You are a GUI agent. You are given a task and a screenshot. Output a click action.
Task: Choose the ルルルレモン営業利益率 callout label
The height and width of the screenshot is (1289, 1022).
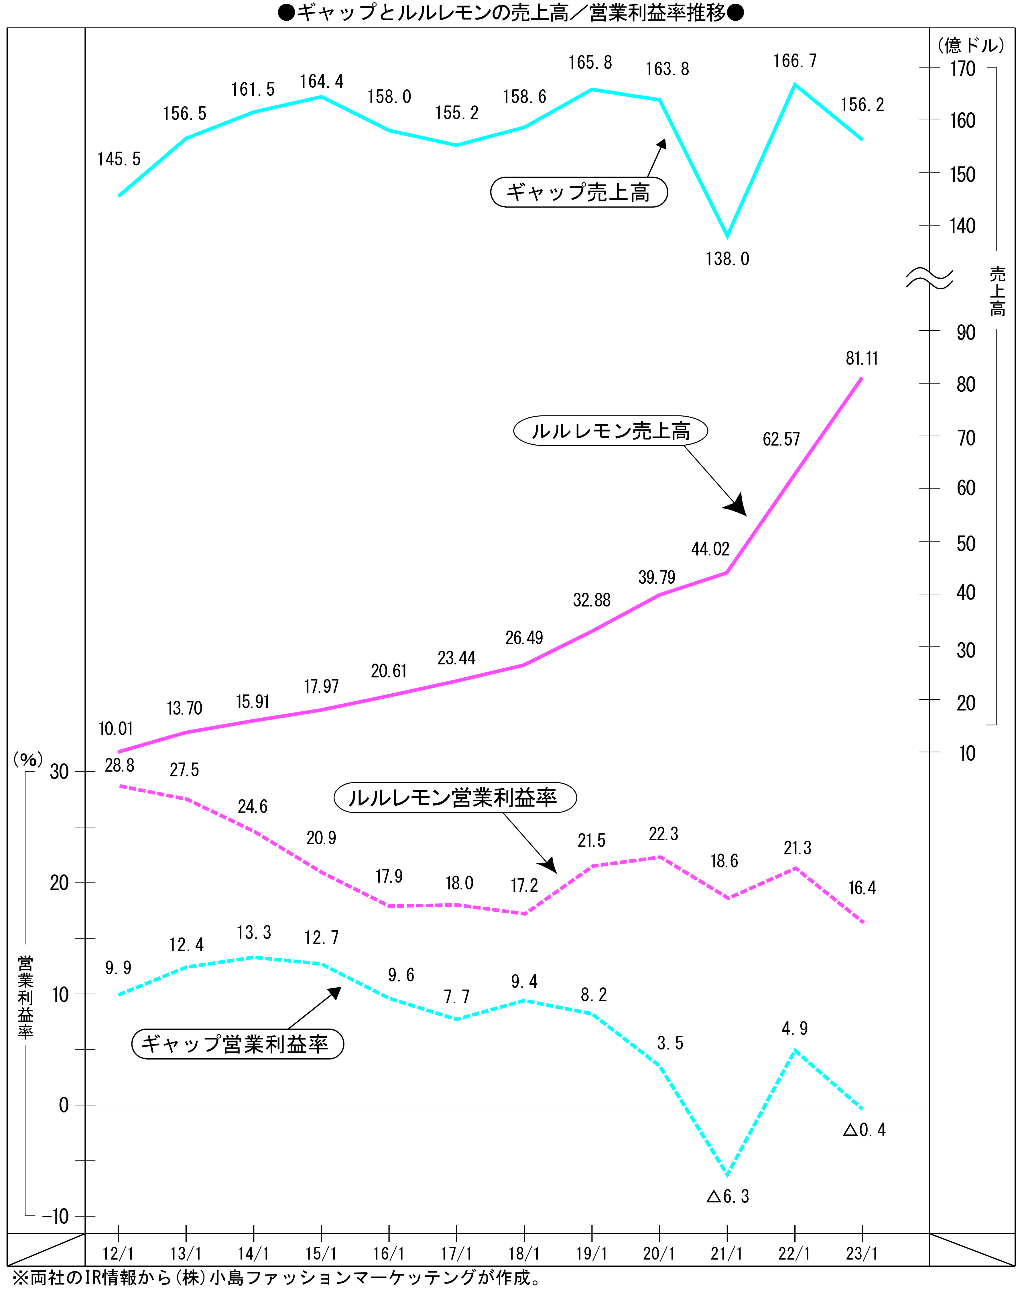click(x=454, y=798)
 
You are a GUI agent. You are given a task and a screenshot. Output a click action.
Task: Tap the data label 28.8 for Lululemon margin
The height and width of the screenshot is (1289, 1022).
click(x=119, y=765)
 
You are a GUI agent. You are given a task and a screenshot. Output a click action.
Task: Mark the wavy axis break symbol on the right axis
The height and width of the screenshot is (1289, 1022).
click(x=929, y=278)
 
